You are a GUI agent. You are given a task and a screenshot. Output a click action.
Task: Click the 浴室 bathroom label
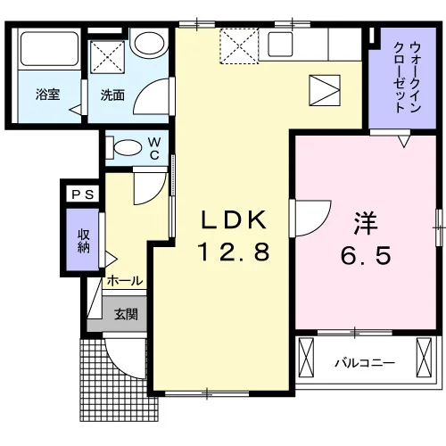[x=48, y=95]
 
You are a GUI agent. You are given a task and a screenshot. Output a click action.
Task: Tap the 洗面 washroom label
[x=112, y=95]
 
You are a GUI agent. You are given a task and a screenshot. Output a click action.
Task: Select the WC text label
[x=154, y=149]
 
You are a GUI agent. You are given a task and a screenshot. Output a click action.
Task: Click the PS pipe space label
[x=83, y=194]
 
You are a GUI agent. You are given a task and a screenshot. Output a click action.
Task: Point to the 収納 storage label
[x=84, y=241]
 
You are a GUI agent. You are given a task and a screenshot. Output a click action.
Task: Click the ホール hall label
[x=125, y=280]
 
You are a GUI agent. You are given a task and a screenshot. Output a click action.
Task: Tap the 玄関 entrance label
[x=126, y=314]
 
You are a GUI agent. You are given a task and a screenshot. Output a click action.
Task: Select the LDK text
[x=234, y=220]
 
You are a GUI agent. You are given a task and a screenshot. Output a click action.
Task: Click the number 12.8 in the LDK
[x=234, y=252]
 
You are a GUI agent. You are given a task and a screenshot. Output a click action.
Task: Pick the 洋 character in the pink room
[x=366, y=224]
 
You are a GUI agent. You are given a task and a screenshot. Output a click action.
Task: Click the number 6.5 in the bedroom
[x=366, y=255]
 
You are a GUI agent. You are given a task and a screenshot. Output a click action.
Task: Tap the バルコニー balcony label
[x=365, y=363]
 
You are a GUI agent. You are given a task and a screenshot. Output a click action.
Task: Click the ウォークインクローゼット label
[x=408, y=78]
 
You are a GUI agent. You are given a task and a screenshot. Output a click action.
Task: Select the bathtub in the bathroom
[x=49, y=49]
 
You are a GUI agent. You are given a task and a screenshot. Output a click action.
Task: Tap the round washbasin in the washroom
[x=150, y=43]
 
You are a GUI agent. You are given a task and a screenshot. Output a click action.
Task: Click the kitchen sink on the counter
[x=280, y=45]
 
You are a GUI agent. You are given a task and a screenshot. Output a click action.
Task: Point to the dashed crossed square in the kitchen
[x=239, y=45]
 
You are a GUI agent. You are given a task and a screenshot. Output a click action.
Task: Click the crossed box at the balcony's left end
[x=306, y=358]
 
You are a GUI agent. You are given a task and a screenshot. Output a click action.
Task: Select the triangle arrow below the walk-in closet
[x=404, y=142]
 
